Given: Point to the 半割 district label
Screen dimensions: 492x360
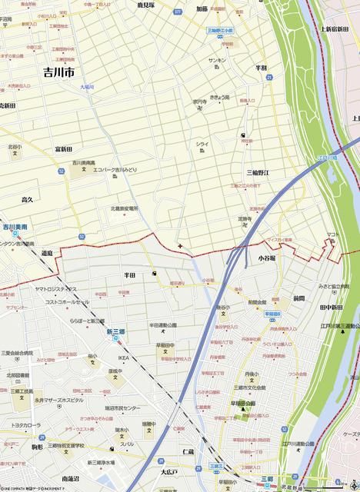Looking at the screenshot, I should pyautogui.click(x=262, y=68).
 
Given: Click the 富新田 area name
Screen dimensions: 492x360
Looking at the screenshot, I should pyautogui.click(x=64, y=148).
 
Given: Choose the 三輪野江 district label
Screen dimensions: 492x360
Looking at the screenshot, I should pyautogui.click(x=258, y=173).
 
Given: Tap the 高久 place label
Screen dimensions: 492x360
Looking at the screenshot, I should pyautogui.click(x=27, y=199).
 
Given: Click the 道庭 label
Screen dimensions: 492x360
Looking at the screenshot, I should pyautogui.click(x=48, y=253).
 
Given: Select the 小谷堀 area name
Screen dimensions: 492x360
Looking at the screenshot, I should pyautogui.click(x=267, y=259).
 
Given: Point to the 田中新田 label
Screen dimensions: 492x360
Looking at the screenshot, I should pyautogui.click(x=331, y=307).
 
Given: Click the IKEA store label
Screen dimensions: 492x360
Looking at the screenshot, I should pyautogui.click(x=123, y=358).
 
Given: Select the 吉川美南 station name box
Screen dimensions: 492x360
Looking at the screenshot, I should pyautogui.click(x=15, y=228).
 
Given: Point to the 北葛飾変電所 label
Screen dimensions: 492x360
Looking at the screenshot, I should pyautogui.click(x=124, y=208).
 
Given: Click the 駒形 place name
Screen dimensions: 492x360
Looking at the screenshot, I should pyautogui.click(x=36, y=446).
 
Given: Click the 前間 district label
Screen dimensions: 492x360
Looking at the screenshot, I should pyautogui.click(x=298, y=298).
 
